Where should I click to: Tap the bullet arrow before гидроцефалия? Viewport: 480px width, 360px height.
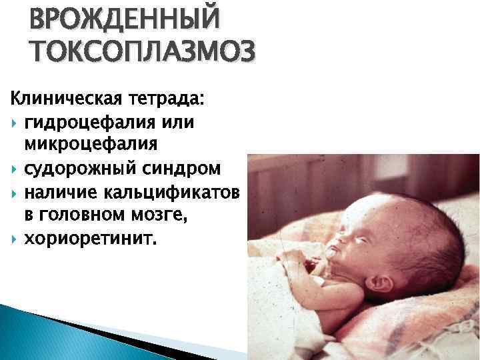(15, 124)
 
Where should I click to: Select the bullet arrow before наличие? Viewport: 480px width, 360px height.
(15, 194)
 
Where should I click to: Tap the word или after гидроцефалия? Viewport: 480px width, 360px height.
(193, 123)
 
